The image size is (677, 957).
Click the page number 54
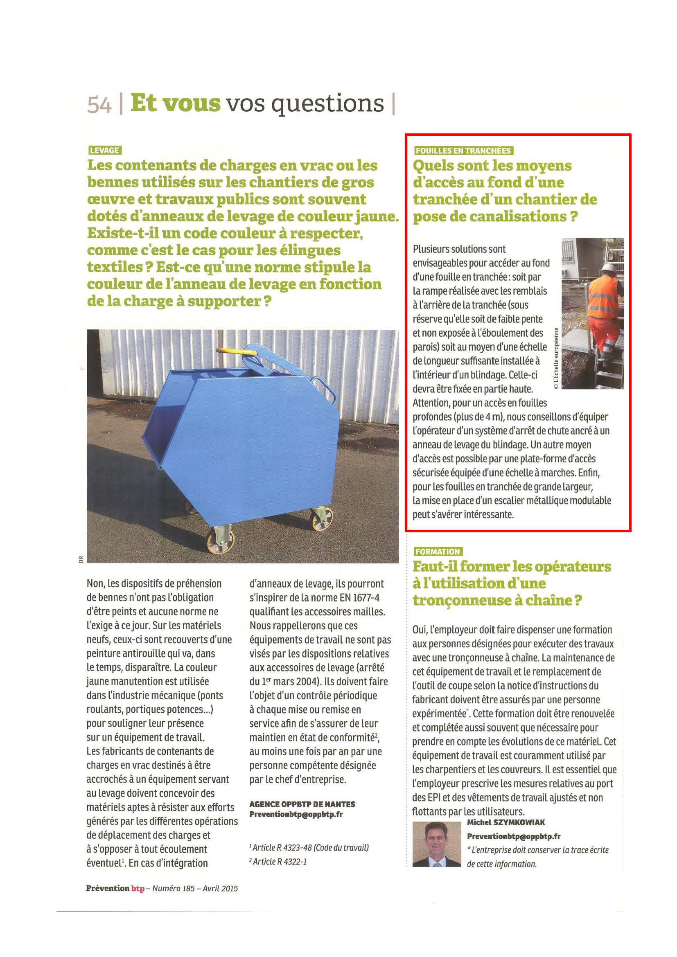[99, 105]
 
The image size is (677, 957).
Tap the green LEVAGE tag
[105, 151]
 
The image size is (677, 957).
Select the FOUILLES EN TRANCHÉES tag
[463, 151]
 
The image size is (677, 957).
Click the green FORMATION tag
[438, 552]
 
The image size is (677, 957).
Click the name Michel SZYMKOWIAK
[505, 822]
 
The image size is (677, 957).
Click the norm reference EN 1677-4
[359, 598]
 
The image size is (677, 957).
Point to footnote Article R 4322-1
[278, 862]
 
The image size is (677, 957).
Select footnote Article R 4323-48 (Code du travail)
[309, 847]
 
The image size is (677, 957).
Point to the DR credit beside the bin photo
[81, 559]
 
